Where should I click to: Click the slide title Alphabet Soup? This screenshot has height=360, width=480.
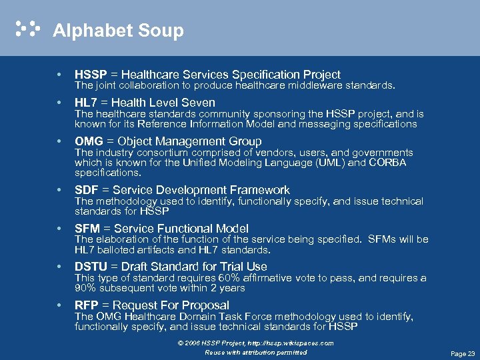click(x=118, y=31)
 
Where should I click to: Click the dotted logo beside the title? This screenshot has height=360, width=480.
click(x=28, y=29)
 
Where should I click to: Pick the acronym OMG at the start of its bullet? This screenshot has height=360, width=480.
click(x=89, y=141)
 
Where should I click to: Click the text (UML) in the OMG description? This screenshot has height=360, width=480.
click(x=331, y=163)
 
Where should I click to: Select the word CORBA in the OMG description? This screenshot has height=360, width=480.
click(x=387, y=163)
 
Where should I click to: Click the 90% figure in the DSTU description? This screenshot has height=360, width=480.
click(x=85, y=288)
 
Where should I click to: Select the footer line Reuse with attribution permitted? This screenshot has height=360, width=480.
click(x=255, y=352)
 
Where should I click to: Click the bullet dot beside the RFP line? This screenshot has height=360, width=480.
click(x=60, y=305)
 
